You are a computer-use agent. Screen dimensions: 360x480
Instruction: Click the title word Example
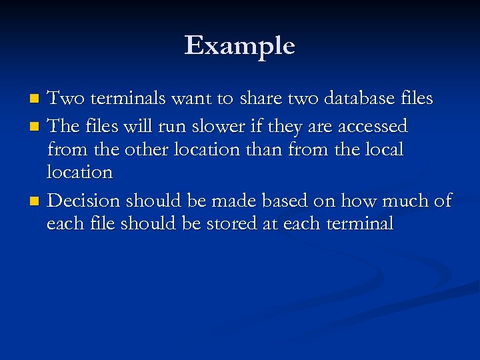(x=239, y=46)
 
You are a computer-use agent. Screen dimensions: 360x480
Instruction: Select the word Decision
(x=85, y=201)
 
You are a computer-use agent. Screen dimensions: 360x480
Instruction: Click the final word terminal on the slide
(x=361, y=223)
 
